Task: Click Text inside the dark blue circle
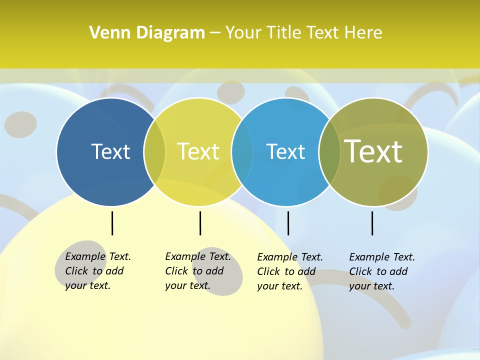click(x=110, y=151)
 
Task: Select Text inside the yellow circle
click(x=198, y=151)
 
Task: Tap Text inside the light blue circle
click(x=285, y=151)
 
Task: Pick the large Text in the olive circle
click(x=373, y=151)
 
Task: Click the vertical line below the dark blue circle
click(x=112, y=223)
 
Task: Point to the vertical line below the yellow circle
click(x=200, y=223)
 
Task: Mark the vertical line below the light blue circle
click(x=288, y=223)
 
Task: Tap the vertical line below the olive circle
click(x=372, y=223)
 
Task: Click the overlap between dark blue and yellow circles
click(x=154, y=151)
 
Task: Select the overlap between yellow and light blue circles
click(x=242, y=151)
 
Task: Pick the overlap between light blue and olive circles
click(x=329, y=151)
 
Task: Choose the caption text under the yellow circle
click(x=197, y=271)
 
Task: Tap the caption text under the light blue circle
click(x=289, y=271)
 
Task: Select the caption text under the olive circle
click(x=381, y=271)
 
